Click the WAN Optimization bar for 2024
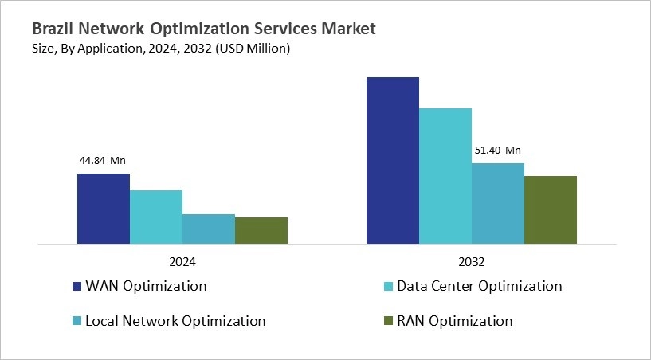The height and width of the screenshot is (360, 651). point(103,209)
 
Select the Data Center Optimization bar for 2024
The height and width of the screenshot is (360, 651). point(155,217)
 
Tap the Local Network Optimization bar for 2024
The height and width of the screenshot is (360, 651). point(208,229)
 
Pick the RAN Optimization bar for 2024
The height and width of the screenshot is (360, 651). point(261,230)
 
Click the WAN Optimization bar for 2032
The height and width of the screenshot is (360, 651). point(392,160)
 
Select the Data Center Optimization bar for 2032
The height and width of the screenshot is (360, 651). point(445,176)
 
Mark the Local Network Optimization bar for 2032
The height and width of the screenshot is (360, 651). point(497,203)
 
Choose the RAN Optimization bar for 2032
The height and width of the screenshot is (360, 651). point(550,209)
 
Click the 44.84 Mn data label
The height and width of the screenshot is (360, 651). point(102,161)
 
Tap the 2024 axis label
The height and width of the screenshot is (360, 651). point(182,261)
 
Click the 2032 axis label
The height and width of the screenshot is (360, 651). point(471,261)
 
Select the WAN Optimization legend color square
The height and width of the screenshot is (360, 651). point(76,287)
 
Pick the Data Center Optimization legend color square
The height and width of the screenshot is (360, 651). point(388,287)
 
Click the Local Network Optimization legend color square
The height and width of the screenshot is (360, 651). point(76,322)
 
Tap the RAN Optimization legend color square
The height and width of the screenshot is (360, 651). point(388,322)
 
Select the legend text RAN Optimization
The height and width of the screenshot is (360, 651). point(455,322)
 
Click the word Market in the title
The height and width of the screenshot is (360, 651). point(348,29)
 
